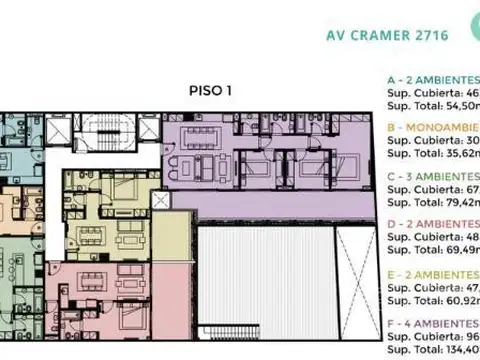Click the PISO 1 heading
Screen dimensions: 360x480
(210, 90)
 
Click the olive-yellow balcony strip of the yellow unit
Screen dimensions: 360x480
(173, 240)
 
